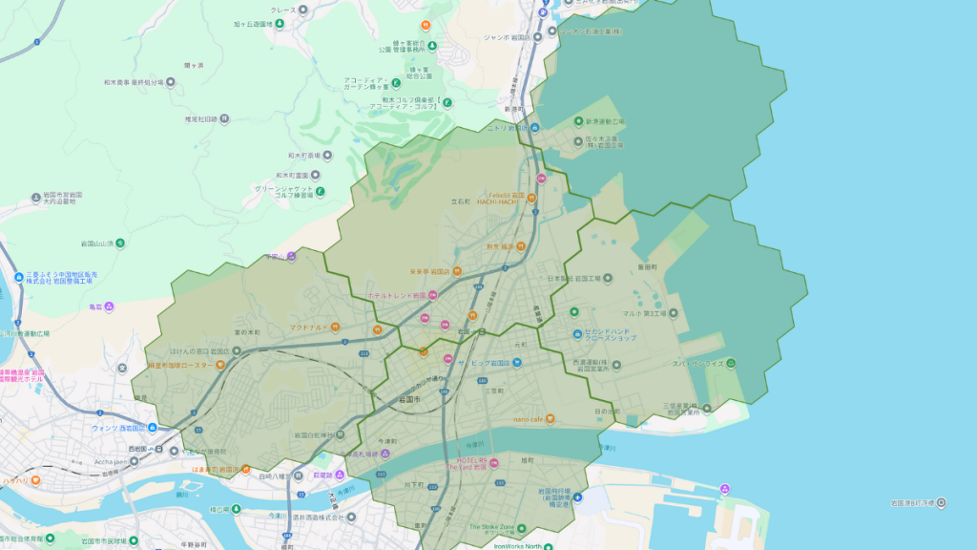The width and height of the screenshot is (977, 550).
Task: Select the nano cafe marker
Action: (551, 418)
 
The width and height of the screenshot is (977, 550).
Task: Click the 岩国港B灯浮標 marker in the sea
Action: (943, 502)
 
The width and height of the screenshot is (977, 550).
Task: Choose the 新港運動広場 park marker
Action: (577, 122)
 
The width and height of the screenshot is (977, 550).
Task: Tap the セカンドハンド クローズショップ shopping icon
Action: (577, 334)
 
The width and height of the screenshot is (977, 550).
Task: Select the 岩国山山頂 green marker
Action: (121, 243)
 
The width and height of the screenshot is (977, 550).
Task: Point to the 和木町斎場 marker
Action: (328, 154)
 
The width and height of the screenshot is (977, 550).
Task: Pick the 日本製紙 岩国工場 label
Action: (579, 278)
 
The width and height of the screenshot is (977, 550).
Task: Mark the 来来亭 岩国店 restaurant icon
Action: (459, 271)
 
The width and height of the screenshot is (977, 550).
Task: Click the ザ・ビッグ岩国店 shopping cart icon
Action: (516, 363)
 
